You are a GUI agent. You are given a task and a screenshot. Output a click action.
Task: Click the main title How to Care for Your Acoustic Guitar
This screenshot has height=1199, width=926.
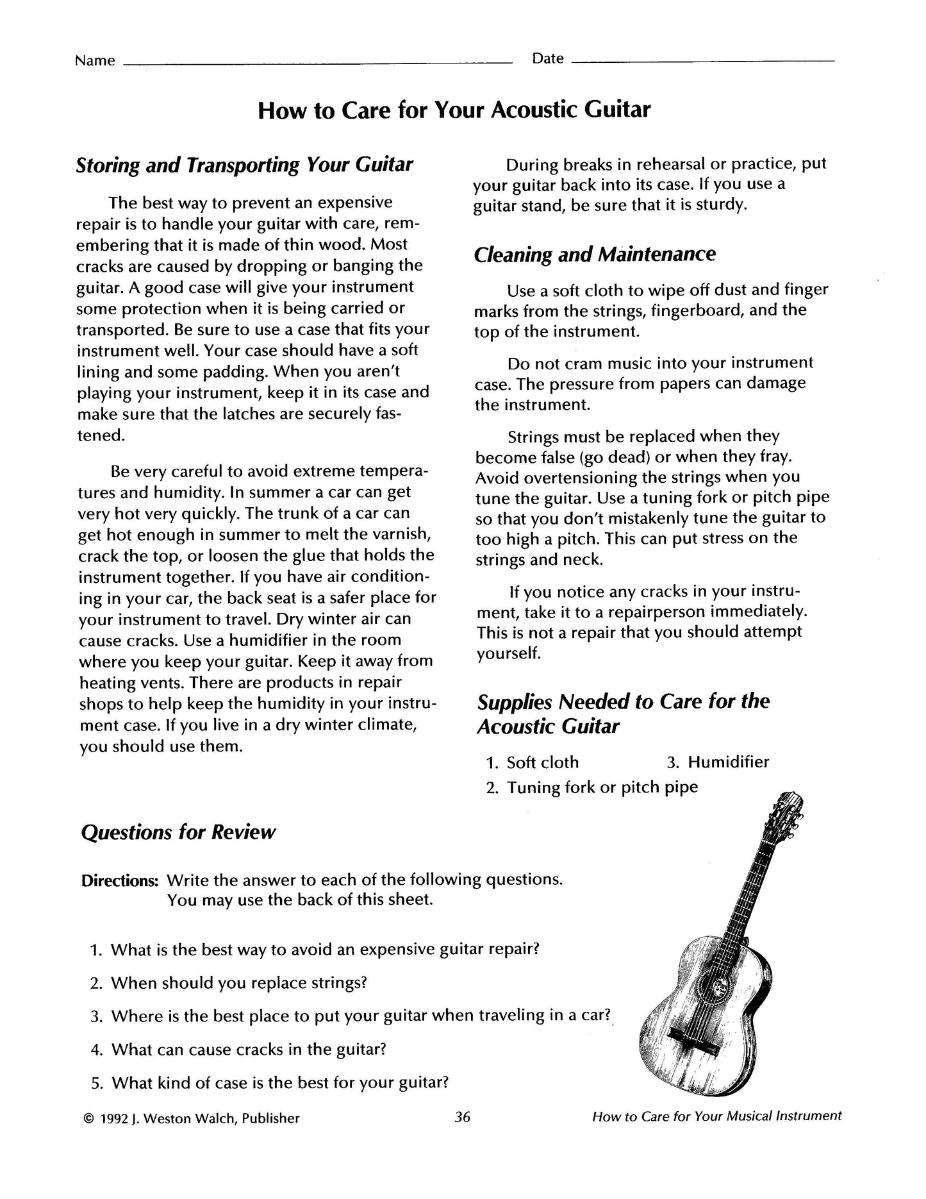(454, 110)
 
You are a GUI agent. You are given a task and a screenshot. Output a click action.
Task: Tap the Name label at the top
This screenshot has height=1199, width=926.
(95, 61)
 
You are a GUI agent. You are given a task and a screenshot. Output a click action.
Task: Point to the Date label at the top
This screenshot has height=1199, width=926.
(548, 59)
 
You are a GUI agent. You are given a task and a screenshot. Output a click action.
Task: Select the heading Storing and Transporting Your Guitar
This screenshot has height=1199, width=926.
(244, 165)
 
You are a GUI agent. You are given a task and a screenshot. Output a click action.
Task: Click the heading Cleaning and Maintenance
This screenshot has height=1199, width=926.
(595, 255)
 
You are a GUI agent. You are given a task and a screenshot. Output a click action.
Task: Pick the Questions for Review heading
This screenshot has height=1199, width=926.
(178, 832)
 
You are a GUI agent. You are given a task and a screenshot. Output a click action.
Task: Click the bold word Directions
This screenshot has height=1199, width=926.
(119, 880)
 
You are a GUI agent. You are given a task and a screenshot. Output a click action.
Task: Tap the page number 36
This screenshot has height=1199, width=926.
(462, 1117)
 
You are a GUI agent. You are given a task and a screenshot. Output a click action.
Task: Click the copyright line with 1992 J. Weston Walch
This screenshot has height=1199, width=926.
(191, 1118)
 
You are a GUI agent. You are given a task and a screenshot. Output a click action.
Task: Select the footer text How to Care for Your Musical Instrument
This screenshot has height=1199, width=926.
(716, 1116)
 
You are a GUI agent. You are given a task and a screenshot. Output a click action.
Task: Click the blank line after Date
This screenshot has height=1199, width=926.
(702, 60)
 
